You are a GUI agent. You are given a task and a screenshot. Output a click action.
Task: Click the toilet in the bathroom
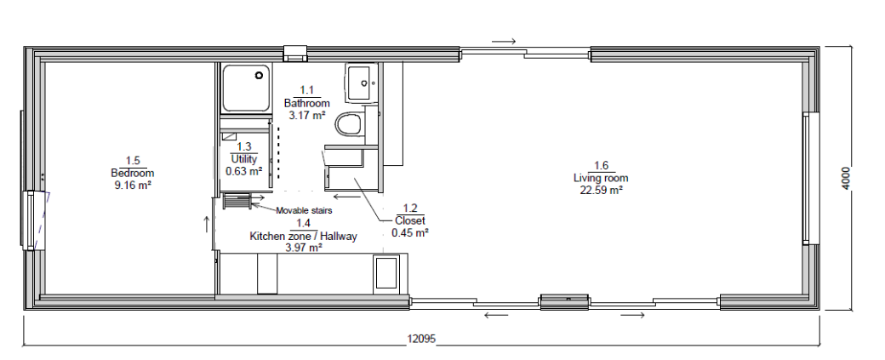point(350,124)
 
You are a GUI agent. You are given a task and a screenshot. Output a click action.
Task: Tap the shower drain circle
point(260,75)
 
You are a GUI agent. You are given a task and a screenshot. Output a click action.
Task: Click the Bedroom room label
point(133,173)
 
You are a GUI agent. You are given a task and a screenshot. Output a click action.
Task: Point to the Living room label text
point(601,179)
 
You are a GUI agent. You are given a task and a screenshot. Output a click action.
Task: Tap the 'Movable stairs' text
point(304,210)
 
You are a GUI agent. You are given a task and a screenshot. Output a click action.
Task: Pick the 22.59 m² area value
point(601,190)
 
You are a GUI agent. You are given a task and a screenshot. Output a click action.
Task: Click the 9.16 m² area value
point(133,184)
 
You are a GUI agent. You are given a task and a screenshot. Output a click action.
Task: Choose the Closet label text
point(410,220)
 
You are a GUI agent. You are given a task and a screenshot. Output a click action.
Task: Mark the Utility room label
point(244,159)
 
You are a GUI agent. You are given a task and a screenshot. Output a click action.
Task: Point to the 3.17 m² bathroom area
point(306,116)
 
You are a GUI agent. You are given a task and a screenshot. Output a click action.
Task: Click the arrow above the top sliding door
point(504,41)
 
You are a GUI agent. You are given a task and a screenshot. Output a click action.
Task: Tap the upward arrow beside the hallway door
point(207,224)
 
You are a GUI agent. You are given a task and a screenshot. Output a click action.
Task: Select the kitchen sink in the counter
point(386,274)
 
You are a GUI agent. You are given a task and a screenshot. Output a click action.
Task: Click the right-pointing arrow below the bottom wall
point(633,315)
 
